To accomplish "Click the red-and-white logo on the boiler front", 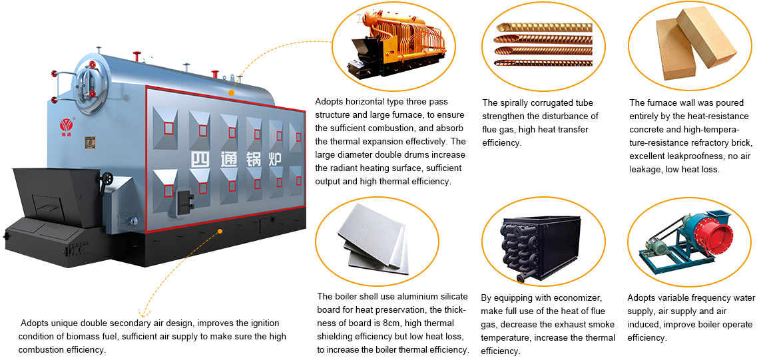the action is pyautogui.click(x=66, y=125).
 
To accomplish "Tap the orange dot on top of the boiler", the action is pyautogui.click(x=232, y=92).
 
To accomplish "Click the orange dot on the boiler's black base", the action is pyautogui.click(x=220, y=231).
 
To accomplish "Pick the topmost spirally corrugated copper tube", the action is pyautogui.click(x=544, y=27).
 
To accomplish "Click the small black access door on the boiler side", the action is pyautogui.click(x=184, y=199).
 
